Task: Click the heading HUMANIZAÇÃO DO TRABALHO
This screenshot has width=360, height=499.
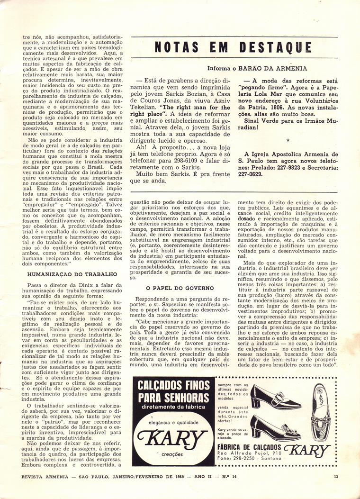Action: coord(72,274)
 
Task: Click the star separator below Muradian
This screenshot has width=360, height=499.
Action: coord(288,141)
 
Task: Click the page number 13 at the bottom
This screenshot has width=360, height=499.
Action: coord(335,477)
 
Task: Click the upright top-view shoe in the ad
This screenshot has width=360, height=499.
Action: coord(322,406)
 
